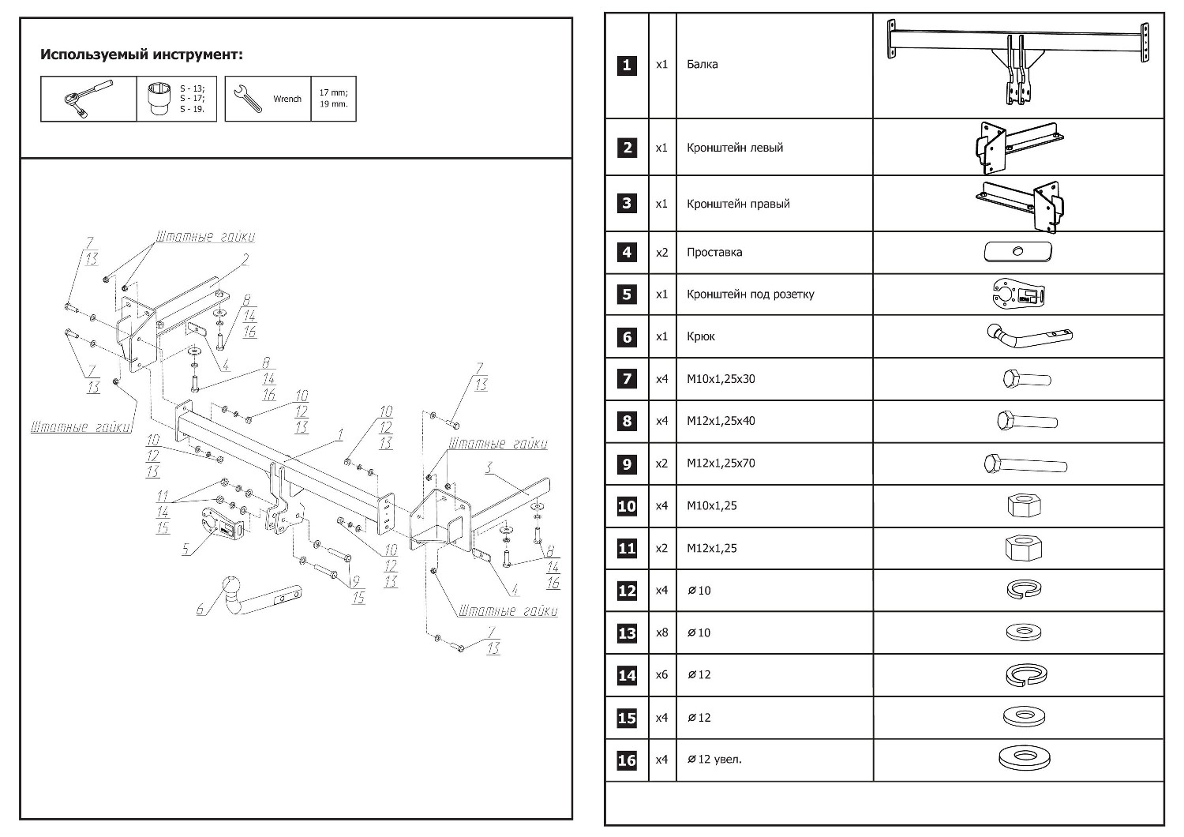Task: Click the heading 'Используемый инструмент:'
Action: (x=141, y=54)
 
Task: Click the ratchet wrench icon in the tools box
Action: (x=88, y=99)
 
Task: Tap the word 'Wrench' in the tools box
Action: (x=287, y=99)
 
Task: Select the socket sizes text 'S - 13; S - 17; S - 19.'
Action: (x=192, y=99)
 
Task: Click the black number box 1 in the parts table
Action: (x=627, y=65)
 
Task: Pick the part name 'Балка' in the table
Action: (x=702, y=65)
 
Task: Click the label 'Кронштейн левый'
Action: (x=734, y=148)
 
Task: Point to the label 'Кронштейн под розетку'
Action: (x=750, y=295)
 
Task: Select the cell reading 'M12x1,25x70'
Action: (x=720, y=464)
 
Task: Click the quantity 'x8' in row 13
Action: (x=661, y=632)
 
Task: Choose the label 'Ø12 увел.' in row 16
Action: (x=714, y=760)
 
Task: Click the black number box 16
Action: (x=627, y=760)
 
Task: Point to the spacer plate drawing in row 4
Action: (x=1017, y=253)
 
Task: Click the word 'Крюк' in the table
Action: (x=700, y=336)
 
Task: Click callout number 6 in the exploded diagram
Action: (x=200, y=609)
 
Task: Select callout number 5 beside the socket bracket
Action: (x=186, y=550)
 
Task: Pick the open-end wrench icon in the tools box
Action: (x=249, y=99)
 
